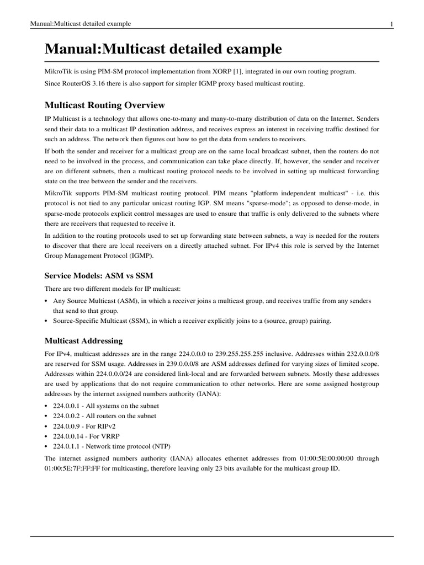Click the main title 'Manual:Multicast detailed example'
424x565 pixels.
[163, 50]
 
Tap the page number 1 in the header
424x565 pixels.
[391, 24]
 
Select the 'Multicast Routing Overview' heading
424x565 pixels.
[104, 105]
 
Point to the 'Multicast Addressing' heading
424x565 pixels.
[83, 341]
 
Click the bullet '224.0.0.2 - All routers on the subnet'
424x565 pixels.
[104, 416]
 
